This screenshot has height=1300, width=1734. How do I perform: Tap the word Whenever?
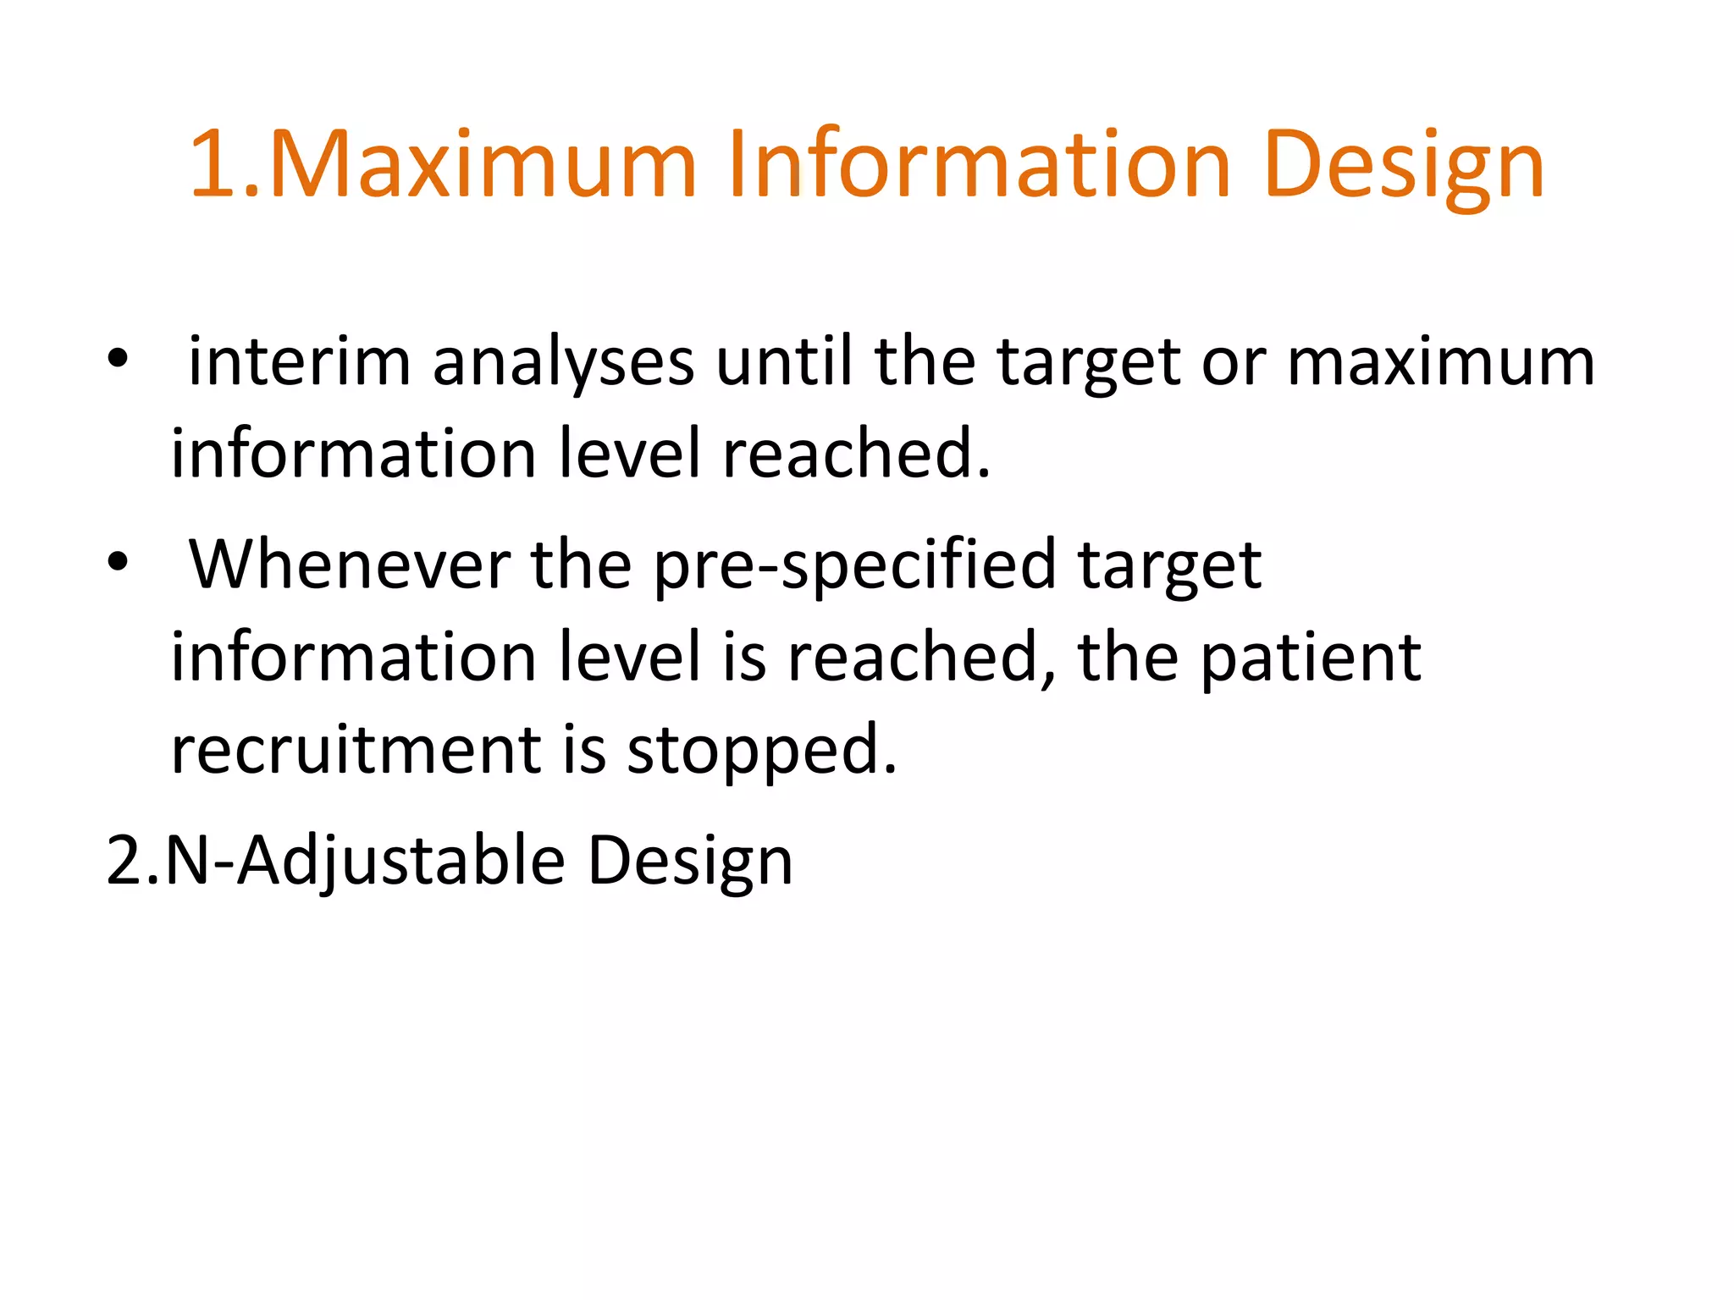point(350,565)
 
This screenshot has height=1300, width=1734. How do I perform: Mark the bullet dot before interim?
point(118,360)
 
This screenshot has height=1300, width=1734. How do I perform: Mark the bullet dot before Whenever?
point(118,561)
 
